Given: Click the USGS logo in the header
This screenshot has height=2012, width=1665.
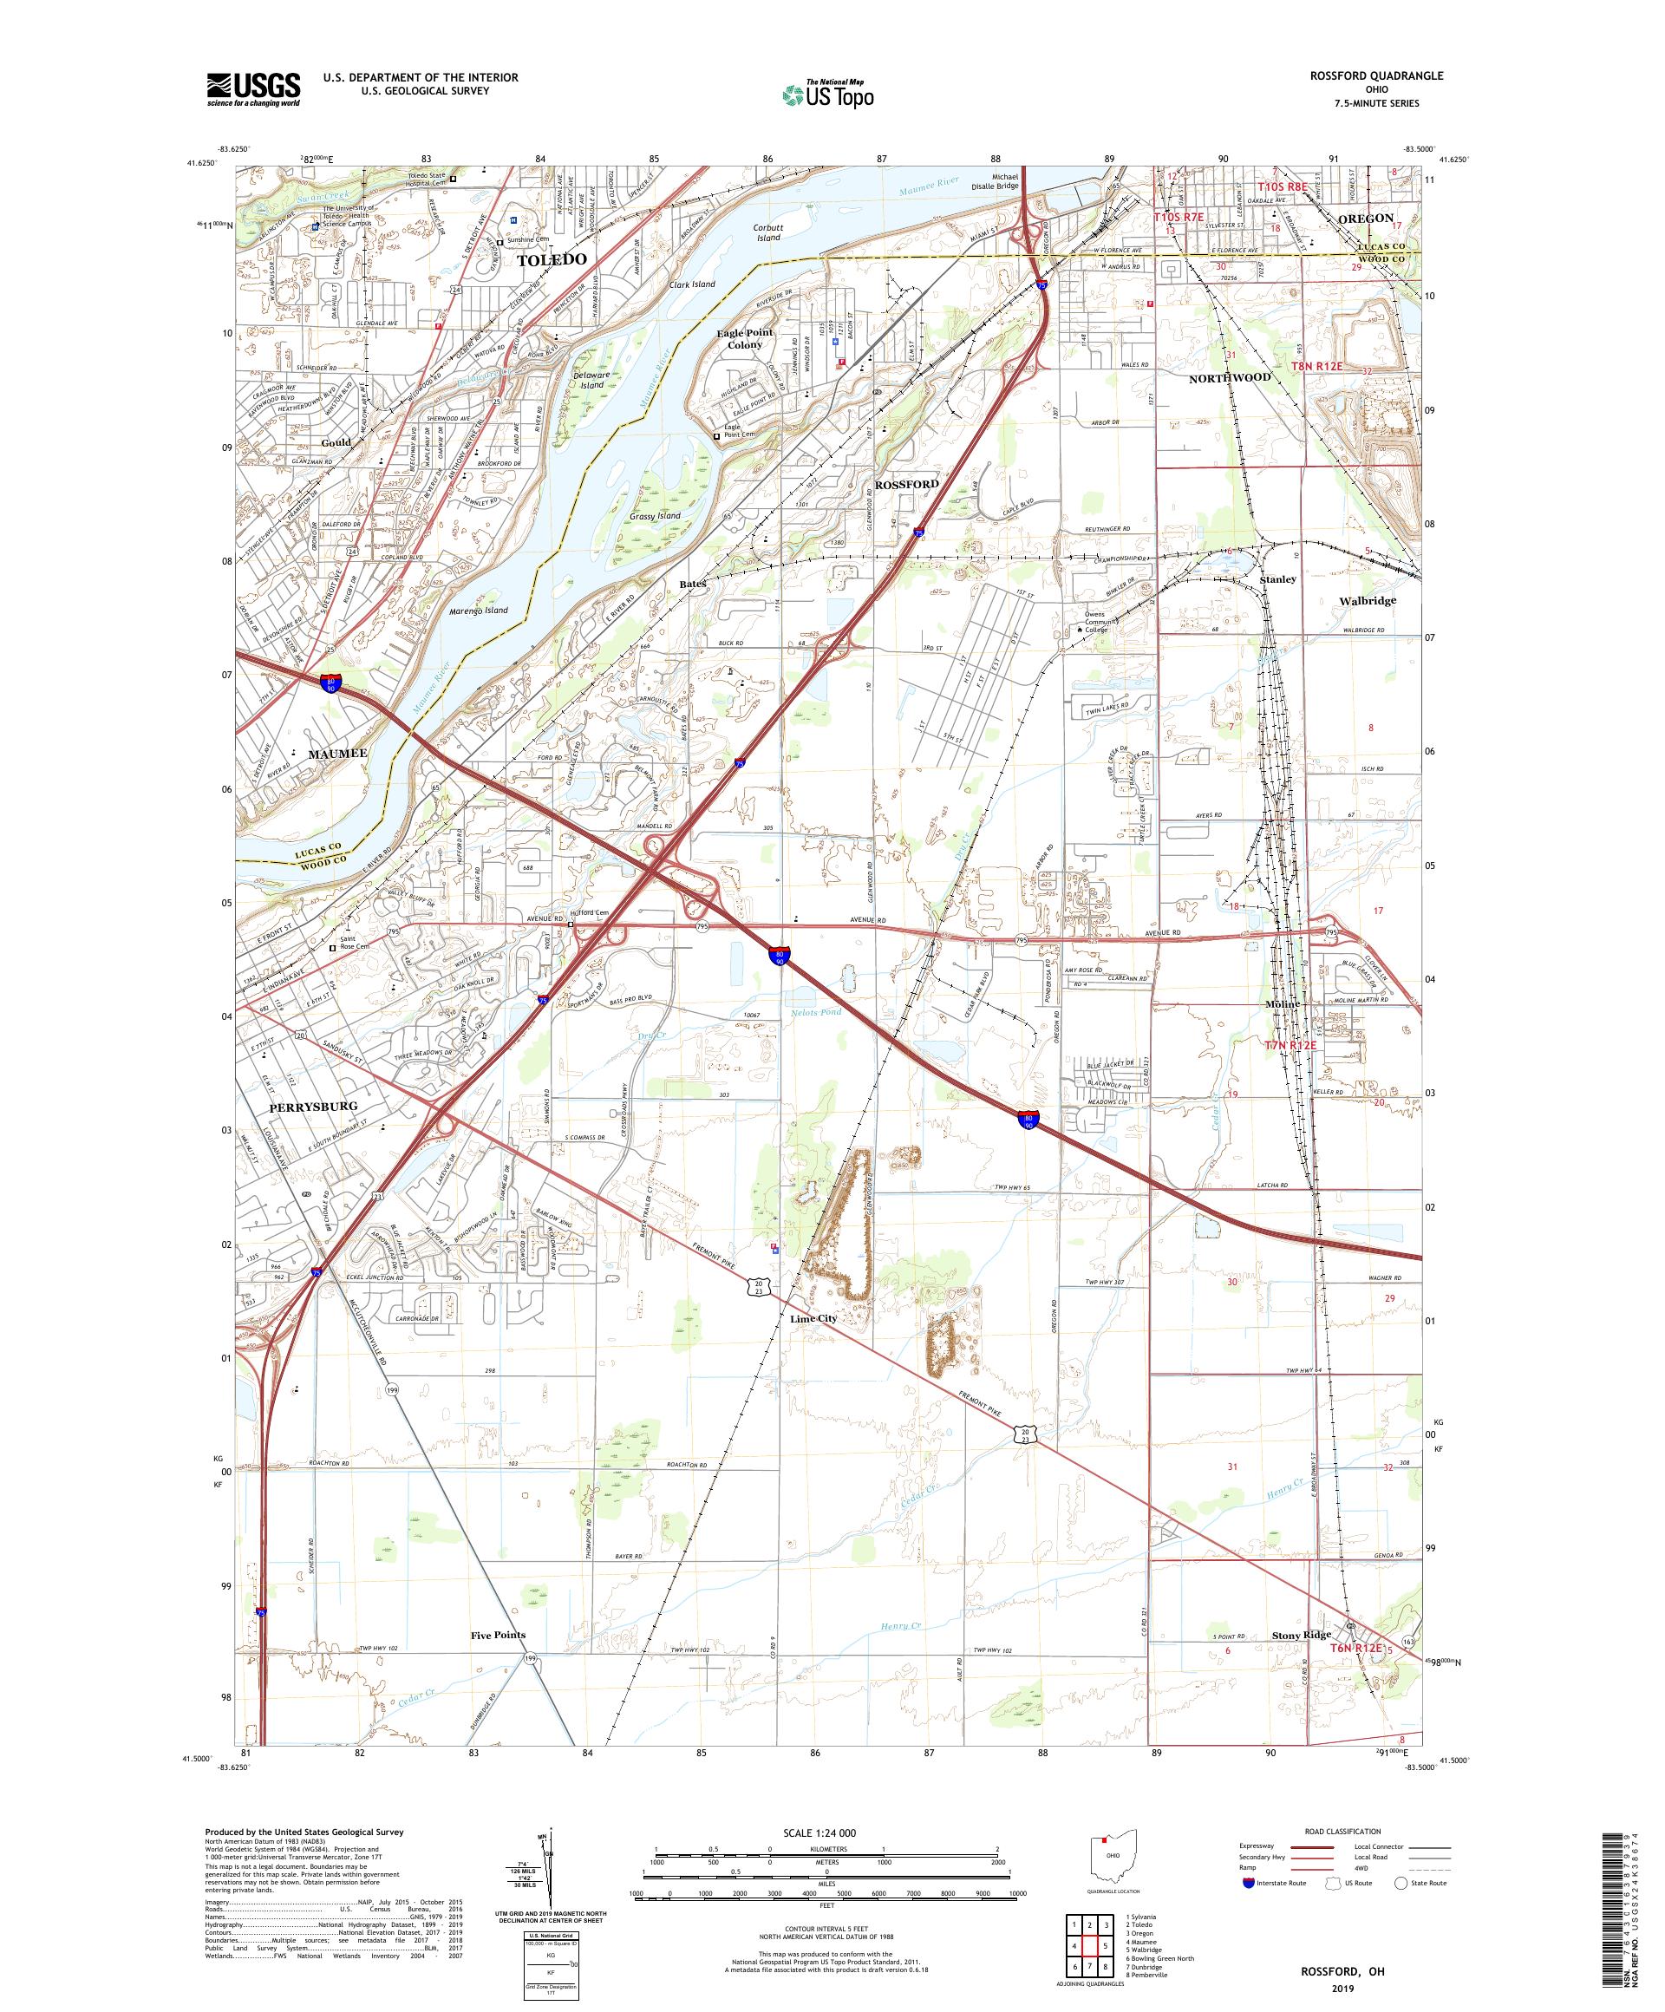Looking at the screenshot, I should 254,90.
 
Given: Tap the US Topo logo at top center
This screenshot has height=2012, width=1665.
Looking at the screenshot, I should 829,94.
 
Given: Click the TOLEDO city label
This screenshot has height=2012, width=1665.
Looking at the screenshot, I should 552,259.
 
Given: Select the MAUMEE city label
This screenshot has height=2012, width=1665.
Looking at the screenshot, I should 337,754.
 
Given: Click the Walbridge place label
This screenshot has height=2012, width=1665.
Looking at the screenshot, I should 1367,601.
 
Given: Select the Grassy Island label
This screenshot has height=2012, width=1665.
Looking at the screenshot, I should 656,515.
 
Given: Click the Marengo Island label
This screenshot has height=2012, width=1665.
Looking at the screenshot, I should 479,611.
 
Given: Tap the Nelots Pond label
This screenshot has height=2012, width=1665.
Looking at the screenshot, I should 815,1012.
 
